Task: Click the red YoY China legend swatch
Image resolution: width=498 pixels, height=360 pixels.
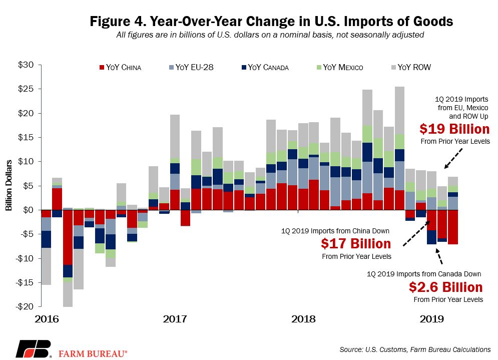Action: point(102,68)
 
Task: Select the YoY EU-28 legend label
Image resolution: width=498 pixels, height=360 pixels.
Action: point(194,68)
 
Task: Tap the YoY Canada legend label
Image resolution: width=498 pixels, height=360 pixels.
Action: point(268,68)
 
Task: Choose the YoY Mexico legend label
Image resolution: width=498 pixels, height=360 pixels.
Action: point(343,68)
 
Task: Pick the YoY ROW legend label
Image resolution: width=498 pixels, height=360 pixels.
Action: point(414,68)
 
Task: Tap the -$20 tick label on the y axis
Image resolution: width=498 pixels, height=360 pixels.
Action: point(25,306)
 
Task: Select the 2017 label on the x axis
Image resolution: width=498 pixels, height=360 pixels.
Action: point(175,319)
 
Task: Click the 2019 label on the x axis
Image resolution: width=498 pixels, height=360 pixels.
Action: point(431,319)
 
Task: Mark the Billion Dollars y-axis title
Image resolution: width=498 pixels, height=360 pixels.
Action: point(9,185)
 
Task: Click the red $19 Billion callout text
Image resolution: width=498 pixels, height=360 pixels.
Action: point(454,129)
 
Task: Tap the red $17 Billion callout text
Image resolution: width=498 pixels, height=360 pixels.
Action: point(356,244)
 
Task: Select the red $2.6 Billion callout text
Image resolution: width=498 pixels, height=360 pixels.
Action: point(445,287)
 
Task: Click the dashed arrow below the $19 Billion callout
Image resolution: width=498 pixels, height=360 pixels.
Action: point(453,159)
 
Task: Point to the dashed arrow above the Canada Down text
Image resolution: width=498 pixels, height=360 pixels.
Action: point(438,256)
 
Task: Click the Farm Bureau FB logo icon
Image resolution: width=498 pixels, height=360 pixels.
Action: point(34,348)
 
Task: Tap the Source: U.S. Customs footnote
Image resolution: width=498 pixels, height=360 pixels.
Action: point(415,349)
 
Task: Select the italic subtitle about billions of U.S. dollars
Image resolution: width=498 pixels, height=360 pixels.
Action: point(270,35)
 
